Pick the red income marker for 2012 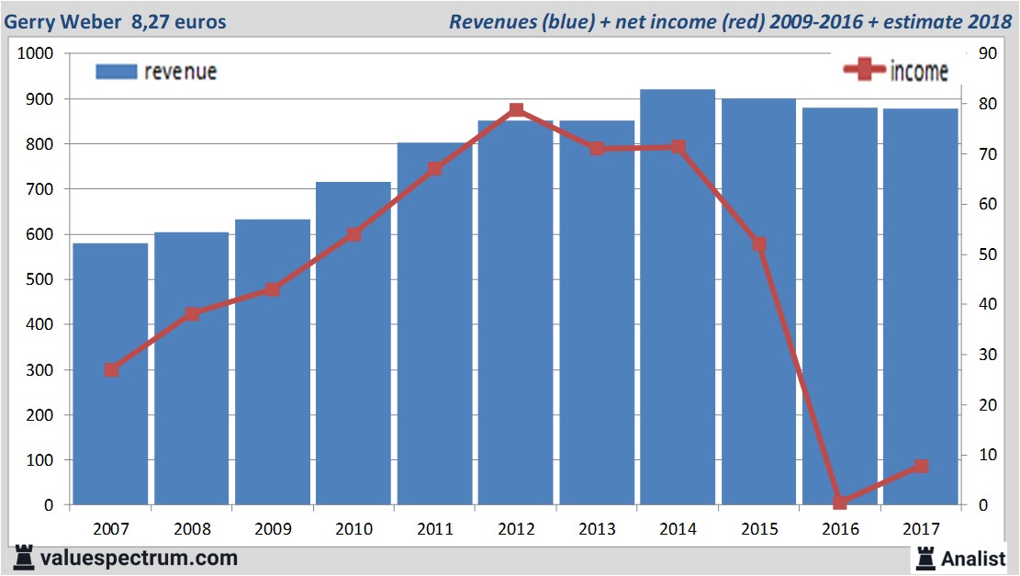(516, 110)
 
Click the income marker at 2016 (840, 502)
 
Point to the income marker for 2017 (921, 466)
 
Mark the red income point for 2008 (192, 314)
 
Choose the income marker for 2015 (759, 244)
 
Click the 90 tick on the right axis (988, 53)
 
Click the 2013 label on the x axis (597, 529)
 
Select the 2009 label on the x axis (273, 529)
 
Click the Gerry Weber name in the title (54, 21)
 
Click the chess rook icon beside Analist (925, 557)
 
